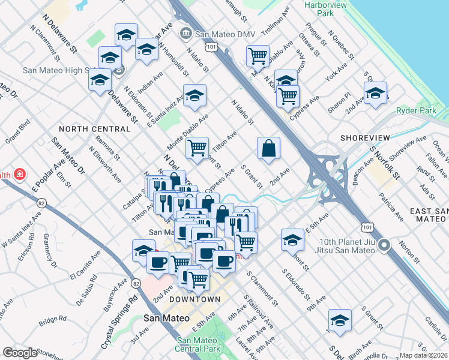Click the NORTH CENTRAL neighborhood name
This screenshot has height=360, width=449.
click(x=89, y=129)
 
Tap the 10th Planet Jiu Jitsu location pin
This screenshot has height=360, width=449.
click(x=385, y=245)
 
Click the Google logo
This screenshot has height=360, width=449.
click(x=19, y=353)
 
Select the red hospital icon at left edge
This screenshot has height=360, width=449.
click(x=20, y=175)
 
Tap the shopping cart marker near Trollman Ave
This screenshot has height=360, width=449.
click(x=258, y=56)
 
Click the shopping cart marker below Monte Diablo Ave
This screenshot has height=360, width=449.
click(x=197, y=147)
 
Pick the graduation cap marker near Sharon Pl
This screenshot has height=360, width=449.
click(x=375, y=94)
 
